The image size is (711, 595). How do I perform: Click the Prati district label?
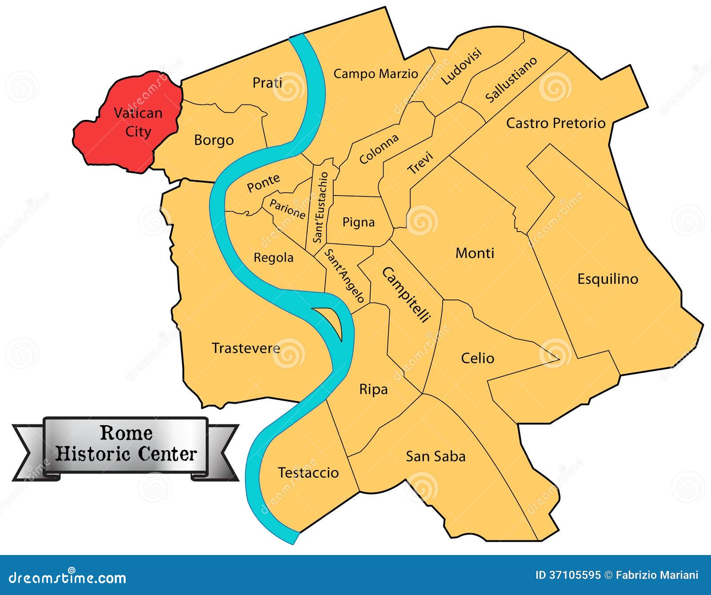click(267, 83)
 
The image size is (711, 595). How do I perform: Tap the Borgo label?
click(214, 140)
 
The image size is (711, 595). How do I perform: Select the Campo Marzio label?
click(375, 73)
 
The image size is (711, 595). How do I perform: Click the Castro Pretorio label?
click(555, 123)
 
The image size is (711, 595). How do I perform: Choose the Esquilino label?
click(607, 279)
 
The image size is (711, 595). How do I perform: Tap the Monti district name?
click(475, 253)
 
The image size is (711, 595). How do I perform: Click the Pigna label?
click(358, 222)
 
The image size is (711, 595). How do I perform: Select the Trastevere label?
click(246, 348)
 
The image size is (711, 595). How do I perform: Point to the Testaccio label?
click(308, 472)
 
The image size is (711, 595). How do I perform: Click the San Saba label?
click(435, 456)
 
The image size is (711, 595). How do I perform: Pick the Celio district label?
click(477, 358)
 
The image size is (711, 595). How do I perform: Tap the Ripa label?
click(373, 389)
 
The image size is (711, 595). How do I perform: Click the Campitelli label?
click(406, 294)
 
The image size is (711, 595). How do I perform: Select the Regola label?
click(273, 257)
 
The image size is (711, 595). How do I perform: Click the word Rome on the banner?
click(126, 433)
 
